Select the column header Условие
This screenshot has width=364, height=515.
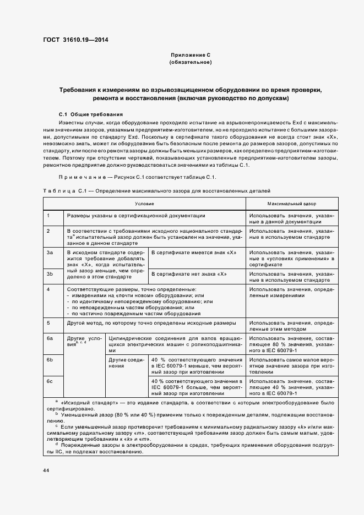144,203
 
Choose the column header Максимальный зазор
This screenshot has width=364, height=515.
291,203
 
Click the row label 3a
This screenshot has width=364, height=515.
50,252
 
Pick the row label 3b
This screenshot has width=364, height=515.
50,273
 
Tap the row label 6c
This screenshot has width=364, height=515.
50,381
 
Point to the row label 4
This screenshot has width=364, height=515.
48,289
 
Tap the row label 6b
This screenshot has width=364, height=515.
50,359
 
